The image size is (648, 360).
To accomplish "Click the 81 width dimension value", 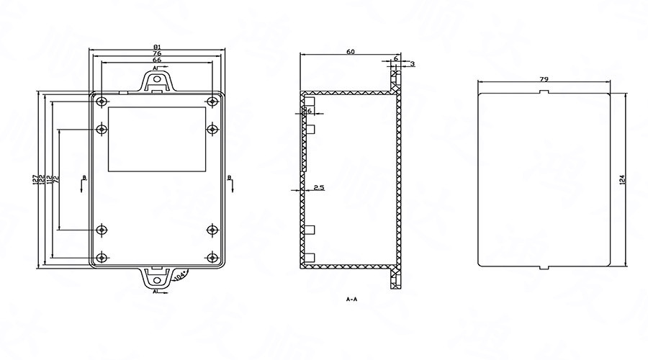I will point(156,47).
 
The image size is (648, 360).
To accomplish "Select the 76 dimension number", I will point(156,53).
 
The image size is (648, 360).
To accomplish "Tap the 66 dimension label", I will point(156,60).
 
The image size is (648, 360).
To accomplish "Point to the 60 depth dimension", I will point(350,52).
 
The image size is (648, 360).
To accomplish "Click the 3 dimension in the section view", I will point(412,64).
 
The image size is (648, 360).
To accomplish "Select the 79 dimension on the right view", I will point(545,79).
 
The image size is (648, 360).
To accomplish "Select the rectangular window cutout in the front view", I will point(156,138).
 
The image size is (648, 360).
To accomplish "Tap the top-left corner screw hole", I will point(103,100).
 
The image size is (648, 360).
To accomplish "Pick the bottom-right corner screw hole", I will point(212,257).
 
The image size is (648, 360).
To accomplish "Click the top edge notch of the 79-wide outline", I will point(545,91).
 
